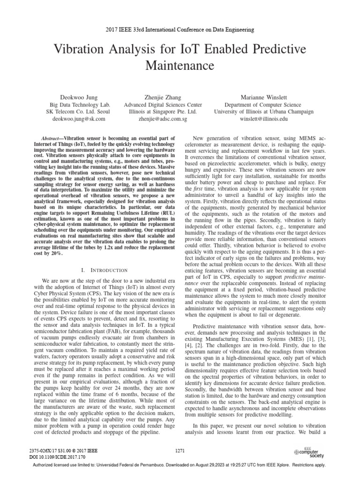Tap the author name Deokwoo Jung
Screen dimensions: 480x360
pyautogui.click(x=80, y=97)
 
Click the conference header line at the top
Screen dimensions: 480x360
pyautogui.click(x=180, y=30)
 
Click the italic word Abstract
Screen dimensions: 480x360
pyautogui.click(x=51, y=139)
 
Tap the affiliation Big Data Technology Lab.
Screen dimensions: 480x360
pyautogui.click(x=80, y=105)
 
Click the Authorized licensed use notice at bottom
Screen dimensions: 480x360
pyautogui.click(x=180, y=465)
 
